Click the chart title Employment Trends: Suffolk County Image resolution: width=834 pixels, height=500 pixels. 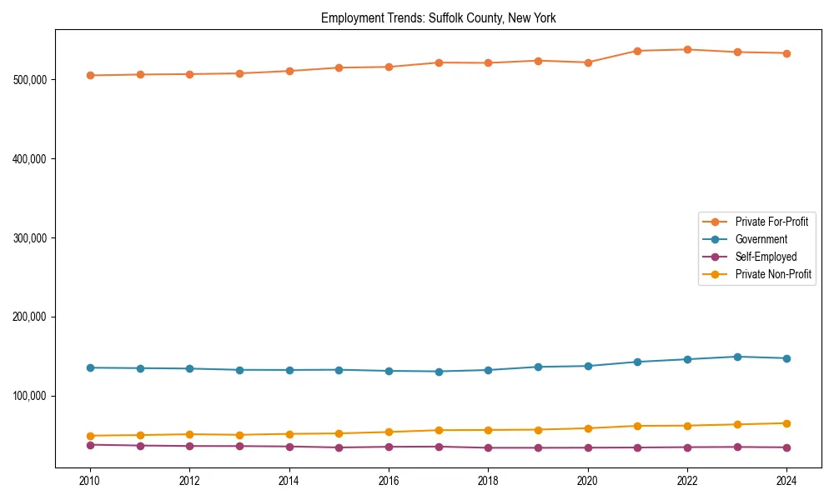pos(438,18)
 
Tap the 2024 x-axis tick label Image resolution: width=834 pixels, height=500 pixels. pos(786,481)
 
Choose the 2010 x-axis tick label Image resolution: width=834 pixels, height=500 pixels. pos(90,481)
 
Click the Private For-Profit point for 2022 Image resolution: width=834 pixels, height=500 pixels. pos(687,49)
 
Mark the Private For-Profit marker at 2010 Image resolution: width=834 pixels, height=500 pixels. pos(90,75)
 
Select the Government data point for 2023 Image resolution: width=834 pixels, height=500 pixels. pos(737,357)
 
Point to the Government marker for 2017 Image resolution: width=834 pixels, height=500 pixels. pos(439,372)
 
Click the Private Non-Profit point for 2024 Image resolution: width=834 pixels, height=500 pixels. pos(786,423)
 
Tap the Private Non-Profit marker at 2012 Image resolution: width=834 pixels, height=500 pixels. pos(189,434)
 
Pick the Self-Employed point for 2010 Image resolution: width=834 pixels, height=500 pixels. pos(90,445)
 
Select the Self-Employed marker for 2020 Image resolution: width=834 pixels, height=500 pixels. pos(588,447)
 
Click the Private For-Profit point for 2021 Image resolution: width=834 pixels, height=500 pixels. pos(638,51)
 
